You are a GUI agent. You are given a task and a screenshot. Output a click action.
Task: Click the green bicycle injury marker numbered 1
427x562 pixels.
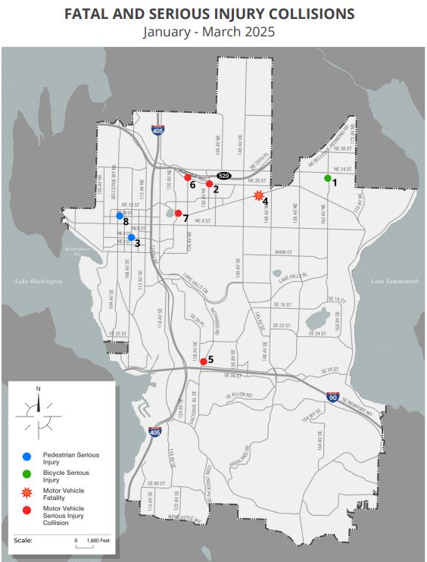click(328, 178)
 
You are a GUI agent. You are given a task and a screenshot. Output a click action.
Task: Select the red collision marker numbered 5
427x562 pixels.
click(203, 362)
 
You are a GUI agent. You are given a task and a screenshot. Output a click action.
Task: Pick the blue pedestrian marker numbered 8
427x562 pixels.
click(120, 216)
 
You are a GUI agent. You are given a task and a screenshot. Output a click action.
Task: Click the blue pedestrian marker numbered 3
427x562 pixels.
click(131, 237)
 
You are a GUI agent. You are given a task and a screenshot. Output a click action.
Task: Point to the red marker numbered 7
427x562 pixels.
click(178, 214)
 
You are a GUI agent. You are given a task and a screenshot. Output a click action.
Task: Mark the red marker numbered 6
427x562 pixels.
click(188, 178)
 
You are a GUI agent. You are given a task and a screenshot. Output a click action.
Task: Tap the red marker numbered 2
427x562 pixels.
click(209, 183)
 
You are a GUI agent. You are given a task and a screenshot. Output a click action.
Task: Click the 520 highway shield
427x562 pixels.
click(223, 175)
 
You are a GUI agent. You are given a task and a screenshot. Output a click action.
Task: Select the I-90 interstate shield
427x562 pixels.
click(332, 395)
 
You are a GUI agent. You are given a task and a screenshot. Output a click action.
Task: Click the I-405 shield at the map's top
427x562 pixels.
click(157, 130)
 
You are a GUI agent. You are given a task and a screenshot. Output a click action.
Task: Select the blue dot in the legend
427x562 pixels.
click(26, 457)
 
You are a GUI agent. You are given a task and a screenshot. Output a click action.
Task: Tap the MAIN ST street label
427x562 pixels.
click(283, 251)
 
